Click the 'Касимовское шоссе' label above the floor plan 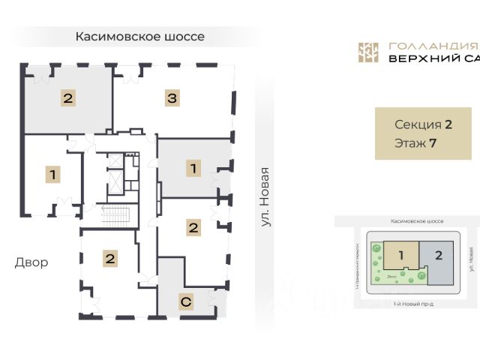pyautogui.click(x=140, y=36)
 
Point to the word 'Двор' pyautogui.click(x=31, y=262)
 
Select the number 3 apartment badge pyautogui.click(x=172, y=97)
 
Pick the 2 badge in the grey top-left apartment pyautogui.click(x=67, y=97)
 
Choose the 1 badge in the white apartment pyautogui.click(x=52, y=175)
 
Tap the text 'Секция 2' pyautogui.click(x=422, y=124)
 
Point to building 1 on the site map pyautogui.click(x=400, y=256)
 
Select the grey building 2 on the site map pyautogui.click(x=439, y=255)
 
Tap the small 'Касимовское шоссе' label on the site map pyautogui.click(x=417, y=222)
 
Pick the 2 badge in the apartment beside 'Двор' pyautogui.click(x=110, y=259)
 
